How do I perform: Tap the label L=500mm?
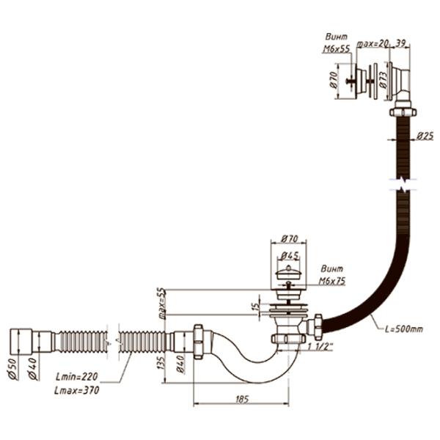(x=403, y=329)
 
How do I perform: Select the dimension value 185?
(x=239, y=398)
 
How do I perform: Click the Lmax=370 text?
(x=76, y=389)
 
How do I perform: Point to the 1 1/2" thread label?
(x=320, y=345)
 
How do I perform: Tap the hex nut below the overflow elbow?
(x=402, y=112)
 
